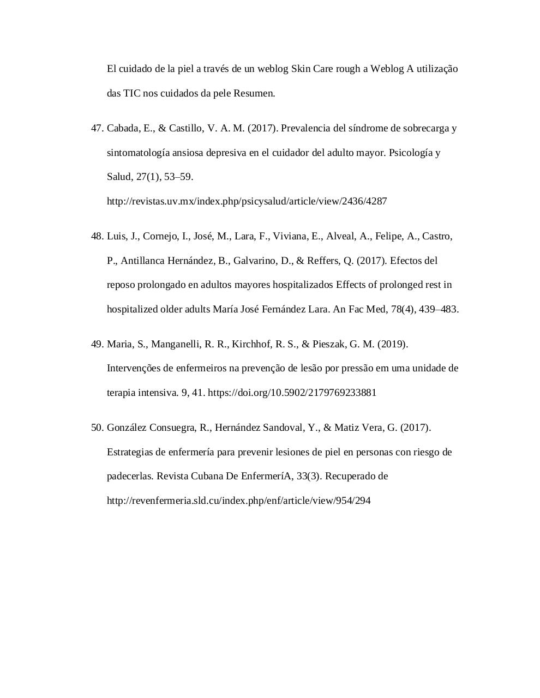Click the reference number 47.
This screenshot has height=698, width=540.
click(97, 128)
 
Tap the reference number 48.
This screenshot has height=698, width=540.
click(97, 236)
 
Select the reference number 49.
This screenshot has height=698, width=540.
click(97, 344)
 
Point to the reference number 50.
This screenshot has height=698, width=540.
click(97, 428)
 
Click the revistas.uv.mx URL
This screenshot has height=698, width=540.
click(247, 201)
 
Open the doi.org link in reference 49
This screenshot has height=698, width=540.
click(292, 393)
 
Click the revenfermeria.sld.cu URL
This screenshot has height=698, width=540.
click(238, 501)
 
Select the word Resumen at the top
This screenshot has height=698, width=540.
click(254, 93)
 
